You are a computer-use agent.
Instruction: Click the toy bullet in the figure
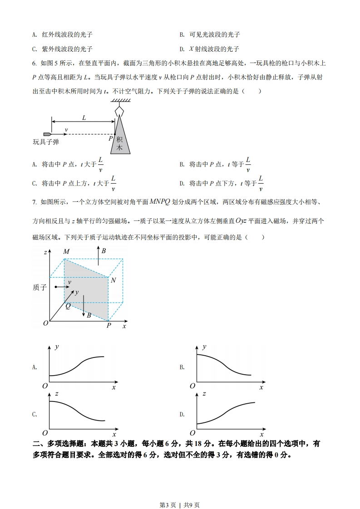tap(47, 134)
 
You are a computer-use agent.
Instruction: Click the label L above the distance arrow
tap(84, 117)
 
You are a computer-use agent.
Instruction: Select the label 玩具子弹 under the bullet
tap(46, 142)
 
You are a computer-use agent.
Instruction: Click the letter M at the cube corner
tap(66, 252)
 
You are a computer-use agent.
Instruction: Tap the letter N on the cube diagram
tap(113, 280)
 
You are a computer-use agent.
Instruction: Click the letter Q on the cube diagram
tap(68, 306)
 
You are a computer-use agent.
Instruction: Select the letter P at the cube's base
tap(108, 326)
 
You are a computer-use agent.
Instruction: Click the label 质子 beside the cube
tap(40, 287)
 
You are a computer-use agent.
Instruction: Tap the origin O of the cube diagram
tap(45, 323)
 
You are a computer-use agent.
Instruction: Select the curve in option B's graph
tap(222, 363)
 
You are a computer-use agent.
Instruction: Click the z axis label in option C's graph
tap(56, 394)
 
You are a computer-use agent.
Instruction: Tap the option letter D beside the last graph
tap(182, 414)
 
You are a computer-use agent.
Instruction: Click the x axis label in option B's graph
tap(261, 387)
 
